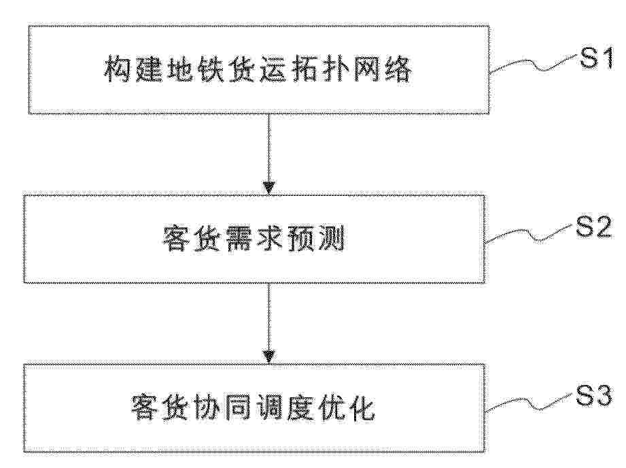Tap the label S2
click(593, 228)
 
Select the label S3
click(593, 397)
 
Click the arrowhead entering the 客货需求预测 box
click(268, 188)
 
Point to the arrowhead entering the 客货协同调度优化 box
click(268, 356)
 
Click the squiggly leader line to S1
click(534, 65)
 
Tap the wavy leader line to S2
click(529, 234)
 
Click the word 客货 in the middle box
click(192, 239)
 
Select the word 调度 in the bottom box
click(284, 408)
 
